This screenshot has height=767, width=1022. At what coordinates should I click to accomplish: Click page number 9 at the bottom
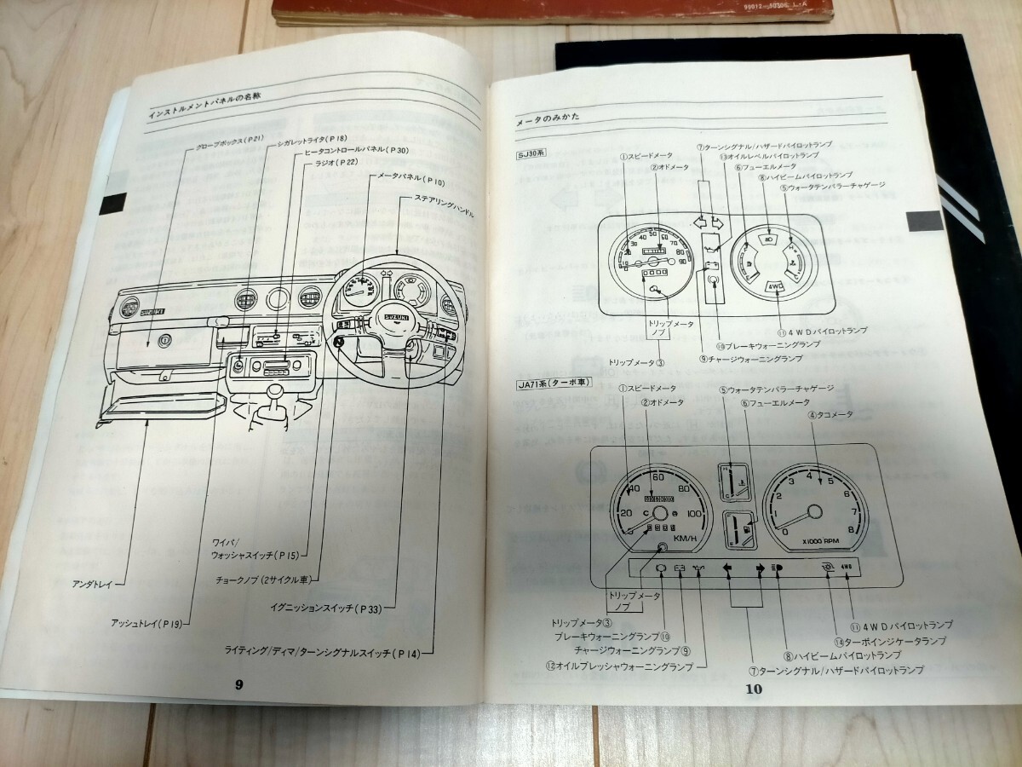(x=239, y=684)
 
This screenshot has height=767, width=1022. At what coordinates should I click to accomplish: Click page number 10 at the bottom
(x=753, y=689)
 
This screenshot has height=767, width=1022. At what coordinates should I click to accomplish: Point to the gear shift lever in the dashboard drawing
(x=275, y=395)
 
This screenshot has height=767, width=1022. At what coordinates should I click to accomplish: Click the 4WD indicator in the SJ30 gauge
(x=776, y=287)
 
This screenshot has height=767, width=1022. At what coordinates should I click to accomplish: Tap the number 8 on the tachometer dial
(x=852, y=528)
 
